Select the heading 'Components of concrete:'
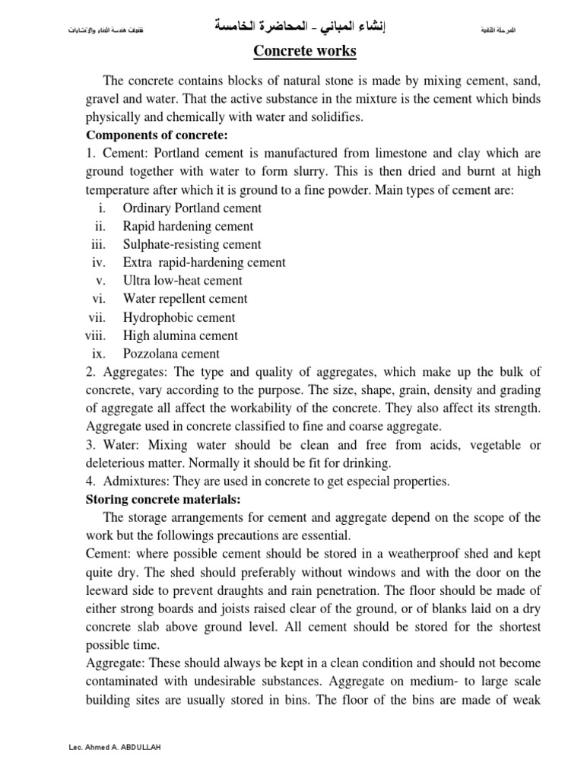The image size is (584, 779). point(156,135)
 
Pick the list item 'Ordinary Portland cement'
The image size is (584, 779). point(192,208)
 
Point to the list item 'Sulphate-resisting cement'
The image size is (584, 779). point(192,244)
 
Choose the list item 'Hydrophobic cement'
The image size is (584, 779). point(179,317)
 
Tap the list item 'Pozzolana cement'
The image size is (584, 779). point(171,354)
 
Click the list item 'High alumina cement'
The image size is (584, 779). point(180,335)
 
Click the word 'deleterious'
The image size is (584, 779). point(118,463)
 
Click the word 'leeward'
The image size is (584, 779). point(109,590)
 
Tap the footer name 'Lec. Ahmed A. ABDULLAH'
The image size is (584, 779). point(114,748)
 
